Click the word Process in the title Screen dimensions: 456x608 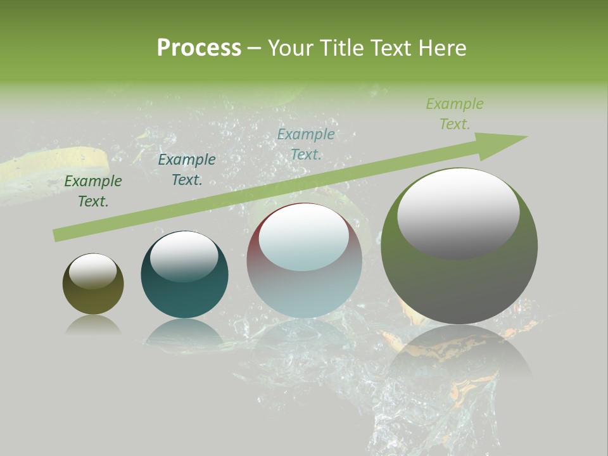click(x=199, y=48)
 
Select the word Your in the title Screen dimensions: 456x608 click(x=292, y=48)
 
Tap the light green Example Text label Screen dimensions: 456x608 click(x=455, y=114)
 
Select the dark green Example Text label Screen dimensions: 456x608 click(x=93, y=191)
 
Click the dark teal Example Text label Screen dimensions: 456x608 click(x=187, y=170)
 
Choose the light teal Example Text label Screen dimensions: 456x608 click(x=306, y=144)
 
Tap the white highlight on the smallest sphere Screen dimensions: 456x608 click(x=92, y=271)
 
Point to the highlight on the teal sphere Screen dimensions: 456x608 click(x=184, y=255)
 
